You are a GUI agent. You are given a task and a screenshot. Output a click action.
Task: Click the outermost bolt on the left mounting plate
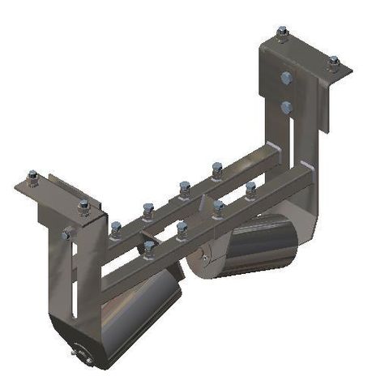[x=32, y=177]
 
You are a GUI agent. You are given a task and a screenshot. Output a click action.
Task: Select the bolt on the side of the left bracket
[x=67, y=234]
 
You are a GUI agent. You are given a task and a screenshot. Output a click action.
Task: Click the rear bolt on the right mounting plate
[x=282, y=34]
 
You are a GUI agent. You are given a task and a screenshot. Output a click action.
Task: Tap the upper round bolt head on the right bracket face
[x=285, y=79]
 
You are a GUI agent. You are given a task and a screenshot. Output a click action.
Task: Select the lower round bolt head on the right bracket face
[x=285, y=106]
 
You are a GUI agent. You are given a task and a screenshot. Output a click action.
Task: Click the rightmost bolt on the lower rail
[x=250, y=190]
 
